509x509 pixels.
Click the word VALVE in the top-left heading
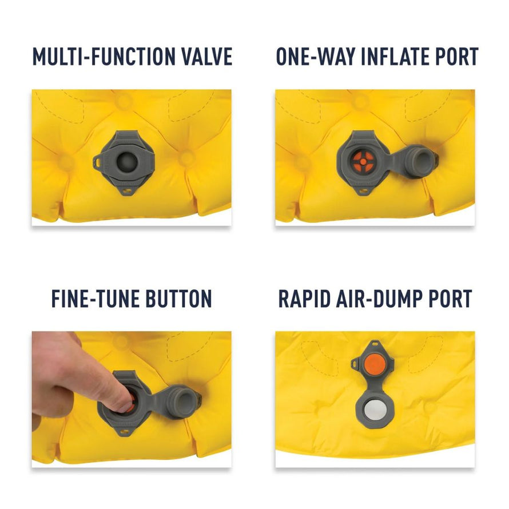207,57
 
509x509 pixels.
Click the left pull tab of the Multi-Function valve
98,162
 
